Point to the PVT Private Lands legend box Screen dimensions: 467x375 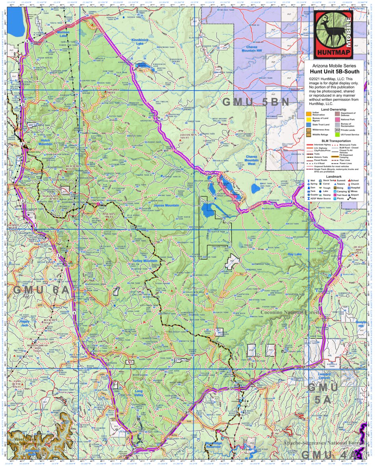pyautogui.click(x=338, y=130)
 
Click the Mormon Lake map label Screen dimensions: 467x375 pyautogui.click(x=63, y=34)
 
